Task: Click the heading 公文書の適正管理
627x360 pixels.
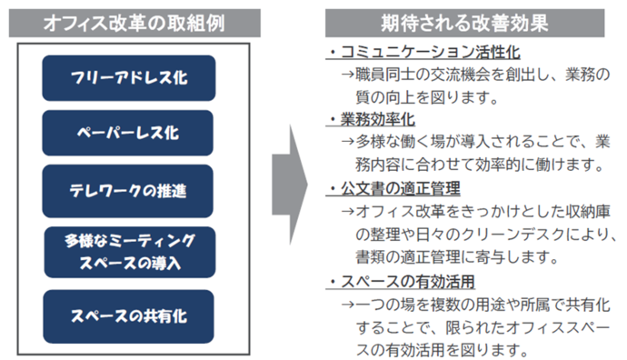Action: pyautogui.click(x=399, y=189)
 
